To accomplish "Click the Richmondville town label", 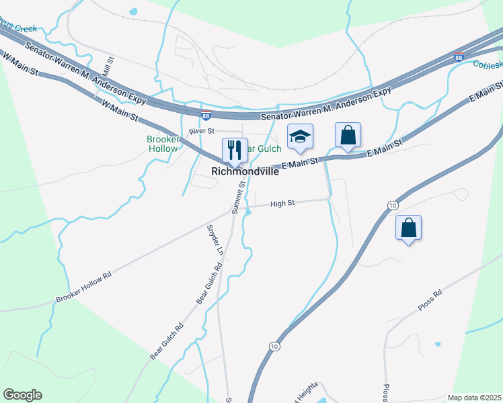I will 245,171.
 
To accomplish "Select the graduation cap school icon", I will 300,137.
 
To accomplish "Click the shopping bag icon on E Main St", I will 348,135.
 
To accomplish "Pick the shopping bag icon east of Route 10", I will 408,228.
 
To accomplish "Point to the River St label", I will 201,131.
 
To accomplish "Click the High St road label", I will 282,203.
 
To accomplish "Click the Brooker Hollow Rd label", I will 83,288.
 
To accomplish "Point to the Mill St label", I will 107,66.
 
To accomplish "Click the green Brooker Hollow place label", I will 162,144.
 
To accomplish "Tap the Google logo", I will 22,395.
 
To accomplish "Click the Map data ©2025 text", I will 475,398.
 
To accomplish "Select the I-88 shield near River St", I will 206,116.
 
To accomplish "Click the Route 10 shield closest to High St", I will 392,204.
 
